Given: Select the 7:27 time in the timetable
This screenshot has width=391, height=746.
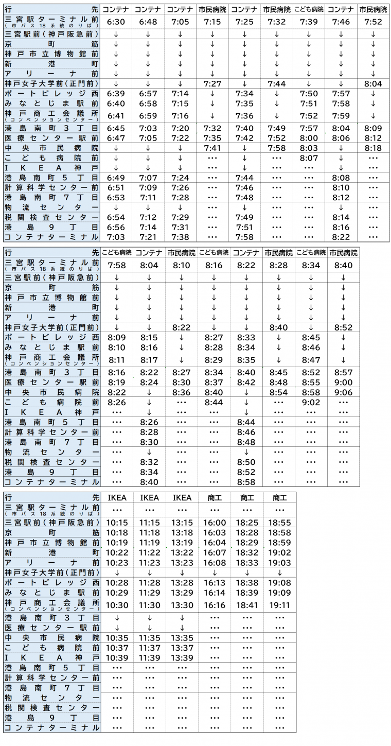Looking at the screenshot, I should [212, 83].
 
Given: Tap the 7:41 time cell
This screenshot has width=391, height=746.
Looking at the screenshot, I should [212, 148].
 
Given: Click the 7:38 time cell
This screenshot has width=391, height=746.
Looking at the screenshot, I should [180, 237].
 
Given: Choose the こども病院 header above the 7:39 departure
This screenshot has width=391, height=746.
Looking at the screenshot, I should [309, 9].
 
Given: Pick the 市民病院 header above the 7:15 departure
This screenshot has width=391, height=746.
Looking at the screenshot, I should [212, 9].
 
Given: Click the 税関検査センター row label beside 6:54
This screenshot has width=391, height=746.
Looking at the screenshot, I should [51, 217].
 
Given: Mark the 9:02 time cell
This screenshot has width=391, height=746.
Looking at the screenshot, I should [311, 402].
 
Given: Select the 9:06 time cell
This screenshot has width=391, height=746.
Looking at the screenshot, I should [343, 392].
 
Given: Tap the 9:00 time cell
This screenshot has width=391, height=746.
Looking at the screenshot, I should [343, 383].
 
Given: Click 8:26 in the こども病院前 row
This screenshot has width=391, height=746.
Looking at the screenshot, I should [116, 402].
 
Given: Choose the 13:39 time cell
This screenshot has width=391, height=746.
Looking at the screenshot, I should [182, 658].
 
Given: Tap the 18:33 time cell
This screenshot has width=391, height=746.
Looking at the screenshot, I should [247, 563].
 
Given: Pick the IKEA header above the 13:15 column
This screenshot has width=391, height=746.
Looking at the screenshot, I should [182, 498].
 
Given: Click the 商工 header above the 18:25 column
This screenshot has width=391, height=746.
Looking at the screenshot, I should [247, 498].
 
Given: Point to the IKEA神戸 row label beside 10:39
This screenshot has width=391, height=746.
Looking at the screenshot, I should [51, 658].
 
